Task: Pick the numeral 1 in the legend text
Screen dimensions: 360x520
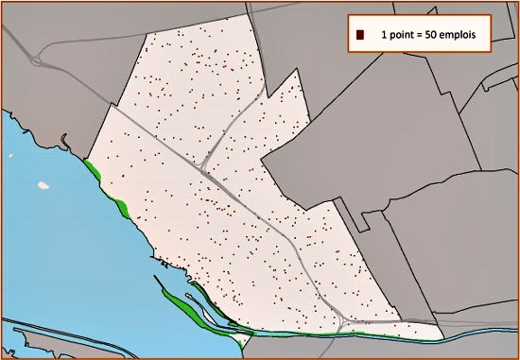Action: pos(383,35)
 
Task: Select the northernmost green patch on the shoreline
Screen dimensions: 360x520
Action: pos(92,170)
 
